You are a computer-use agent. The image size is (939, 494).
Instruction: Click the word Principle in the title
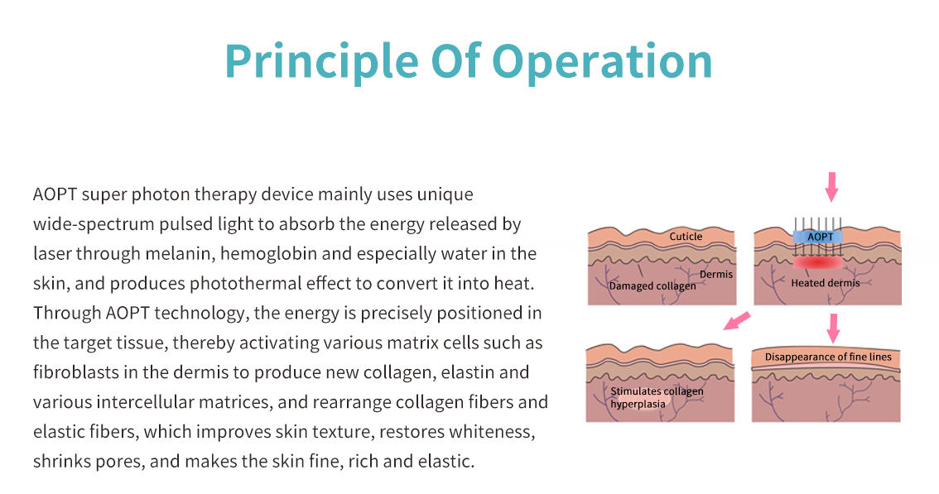coord(321,62)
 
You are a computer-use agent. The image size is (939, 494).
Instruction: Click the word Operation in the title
coord(602,62)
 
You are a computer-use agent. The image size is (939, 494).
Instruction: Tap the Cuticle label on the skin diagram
coord(686,237)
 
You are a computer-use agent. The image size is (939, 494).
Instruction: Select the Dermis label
coord(716,274)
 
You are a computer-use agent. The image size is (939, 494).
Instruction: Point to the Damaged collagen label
coord(652,286)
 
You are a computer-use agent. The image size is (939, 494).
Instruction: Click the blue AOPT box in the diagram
coord(818,237)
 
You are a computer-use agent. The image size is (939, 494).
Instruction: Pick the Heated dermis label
coord(826,283)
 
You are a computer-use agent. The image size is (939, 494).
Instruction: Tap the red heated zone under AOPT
coord(818,263)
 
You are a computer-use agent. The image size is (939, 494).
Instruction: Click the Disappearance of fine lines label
coord(828,357)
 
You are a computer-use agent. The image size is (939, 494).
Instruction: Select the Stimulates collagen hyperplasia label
coord(657,397)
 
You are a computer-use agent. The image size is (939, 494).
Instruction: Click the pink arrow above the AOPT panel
coord(831,187)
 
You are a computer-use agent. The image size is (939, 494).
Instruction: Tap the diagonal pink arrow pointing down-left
coord(737,321)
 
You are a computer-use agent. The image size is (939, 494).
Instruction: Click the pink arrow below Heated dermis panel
coord(832,329)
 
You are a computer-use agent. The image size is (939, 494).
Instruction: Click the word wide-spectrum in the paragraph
coord(94,224)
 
